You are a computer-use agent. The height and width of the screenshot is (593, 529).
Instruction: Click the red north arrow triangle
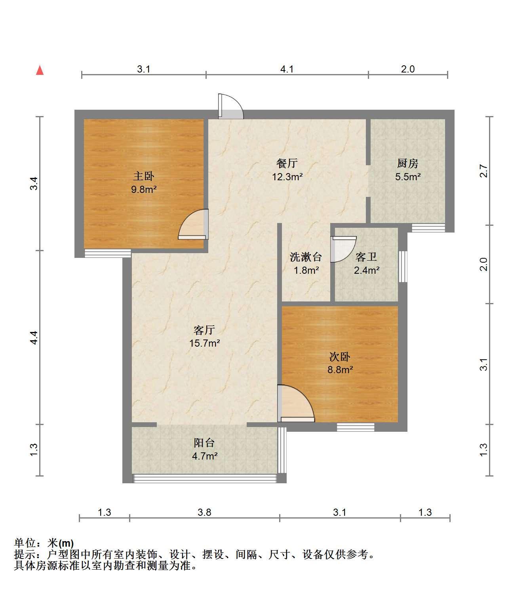40,71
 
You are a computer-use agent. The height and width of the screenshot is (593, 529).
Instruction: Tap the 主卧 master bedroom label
144,176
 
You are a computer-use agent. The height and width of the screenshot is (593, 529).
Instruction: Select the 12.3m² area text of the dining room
287,177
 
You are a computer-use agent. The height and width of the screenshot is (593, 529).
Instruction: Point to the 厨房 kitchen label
407,163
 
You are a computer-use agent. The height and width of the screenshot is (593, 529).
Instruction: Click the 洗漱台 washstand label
306,257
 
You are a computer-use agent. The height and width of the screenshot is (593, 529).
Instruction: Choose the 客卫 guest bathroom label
366,257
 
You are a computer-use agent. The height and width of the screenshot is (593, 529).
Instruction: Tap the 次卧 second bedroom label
340,357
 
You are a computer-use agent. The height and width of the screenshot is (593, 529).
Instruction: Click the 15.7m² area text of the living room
204,343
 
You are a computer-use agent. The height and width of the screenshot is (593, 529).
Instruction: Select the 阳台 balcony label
204,443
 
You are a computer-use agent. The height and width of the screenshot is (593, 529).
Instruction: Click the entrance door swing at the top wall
231,106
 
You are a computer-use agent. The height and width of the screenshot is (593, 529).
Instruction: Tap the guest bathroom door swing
343,249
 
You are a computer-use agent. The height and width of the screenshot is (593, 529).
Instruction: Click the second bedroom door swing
296,403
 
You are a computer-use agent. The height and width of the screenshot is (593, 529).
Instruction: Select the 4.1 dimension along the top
287,69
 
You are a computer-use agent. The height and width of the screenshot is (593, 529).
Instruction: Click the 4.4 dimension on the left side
34,337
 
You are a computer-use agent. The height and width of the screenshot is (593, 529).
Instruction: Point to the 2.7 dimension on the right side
483,171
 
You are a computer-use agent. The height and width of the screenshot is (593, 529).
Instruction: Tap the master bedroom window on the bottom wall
108,253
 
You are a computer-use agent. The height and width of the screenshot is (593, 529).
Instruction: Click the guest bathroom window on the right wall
403,266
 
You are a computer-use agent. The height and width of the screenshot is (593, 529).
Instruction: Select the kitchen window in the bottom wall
428,228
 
